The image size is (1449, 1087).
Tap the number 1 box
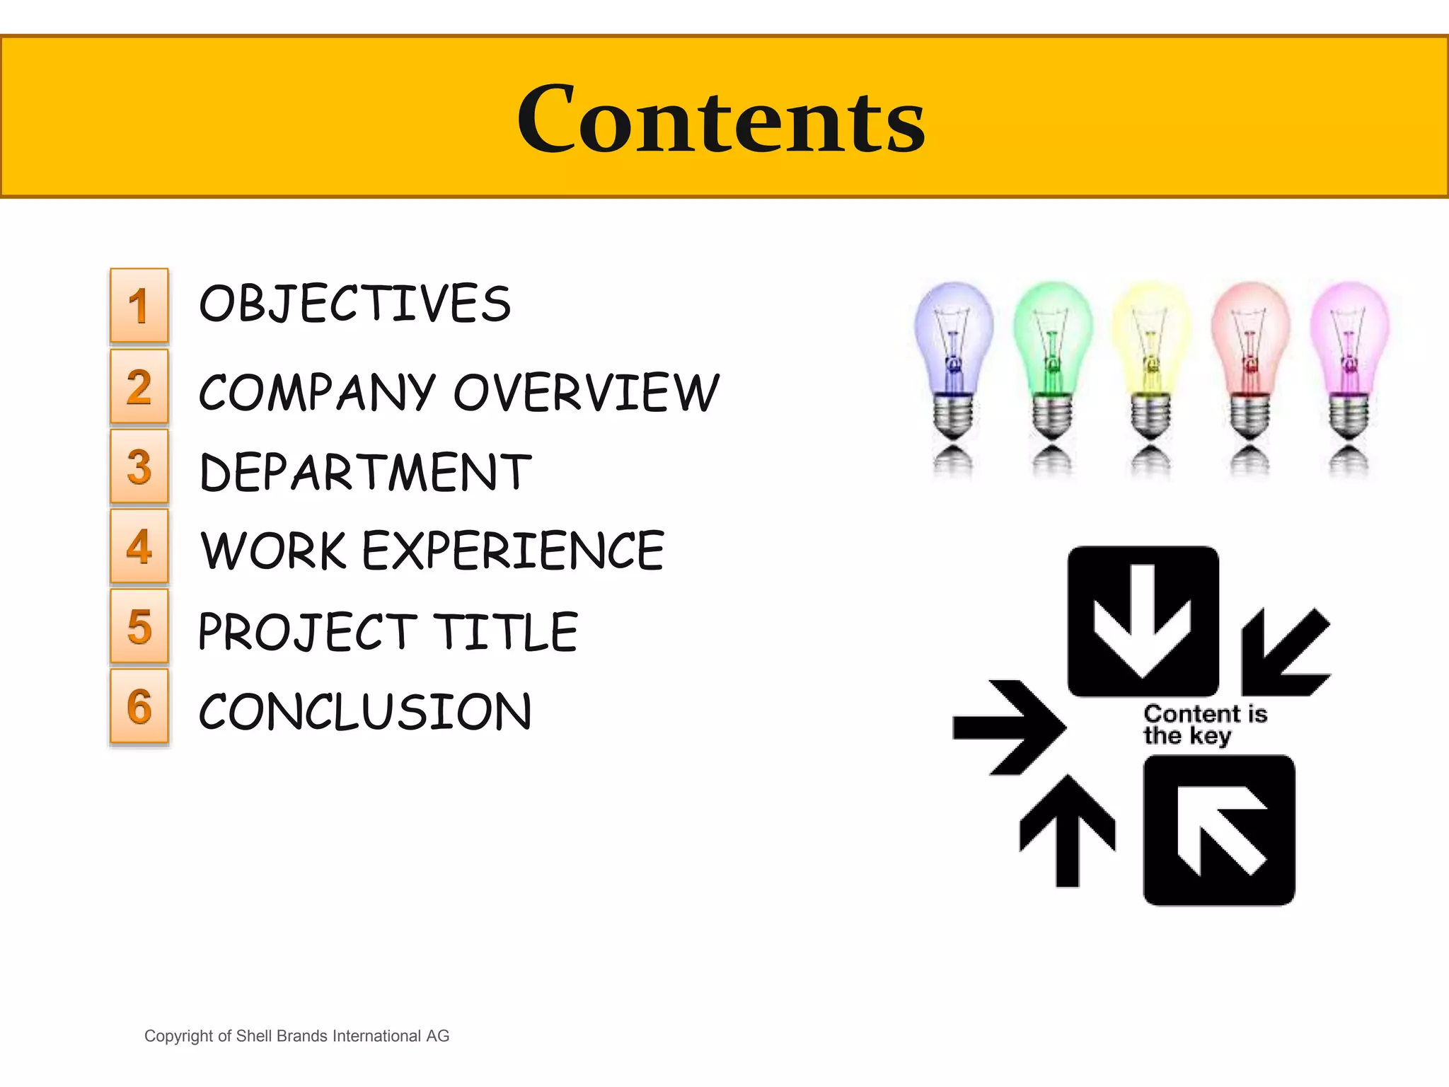139,306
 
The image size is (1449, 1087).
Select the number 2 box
139,386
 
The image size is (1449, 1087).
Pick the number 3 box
139,466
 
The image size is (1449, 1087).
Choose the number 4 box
139,546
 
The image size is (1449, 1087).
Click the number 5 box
139,626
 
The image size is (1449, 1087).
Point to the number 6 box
139,706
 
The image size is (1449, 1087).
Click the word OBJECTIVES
354,304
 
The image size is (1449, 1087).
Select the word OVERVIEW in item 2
586,392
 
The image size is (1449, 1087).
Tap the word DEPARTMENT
365,473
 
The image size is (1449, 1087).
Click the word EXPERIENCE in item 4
514,551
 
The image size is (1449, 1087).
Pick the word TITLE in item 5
505,632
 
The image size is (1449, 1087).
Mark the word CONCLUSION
365,712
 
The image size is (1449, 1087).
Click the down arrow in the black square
1143,620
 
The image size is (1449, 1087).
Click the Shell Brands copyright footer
296,1036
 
